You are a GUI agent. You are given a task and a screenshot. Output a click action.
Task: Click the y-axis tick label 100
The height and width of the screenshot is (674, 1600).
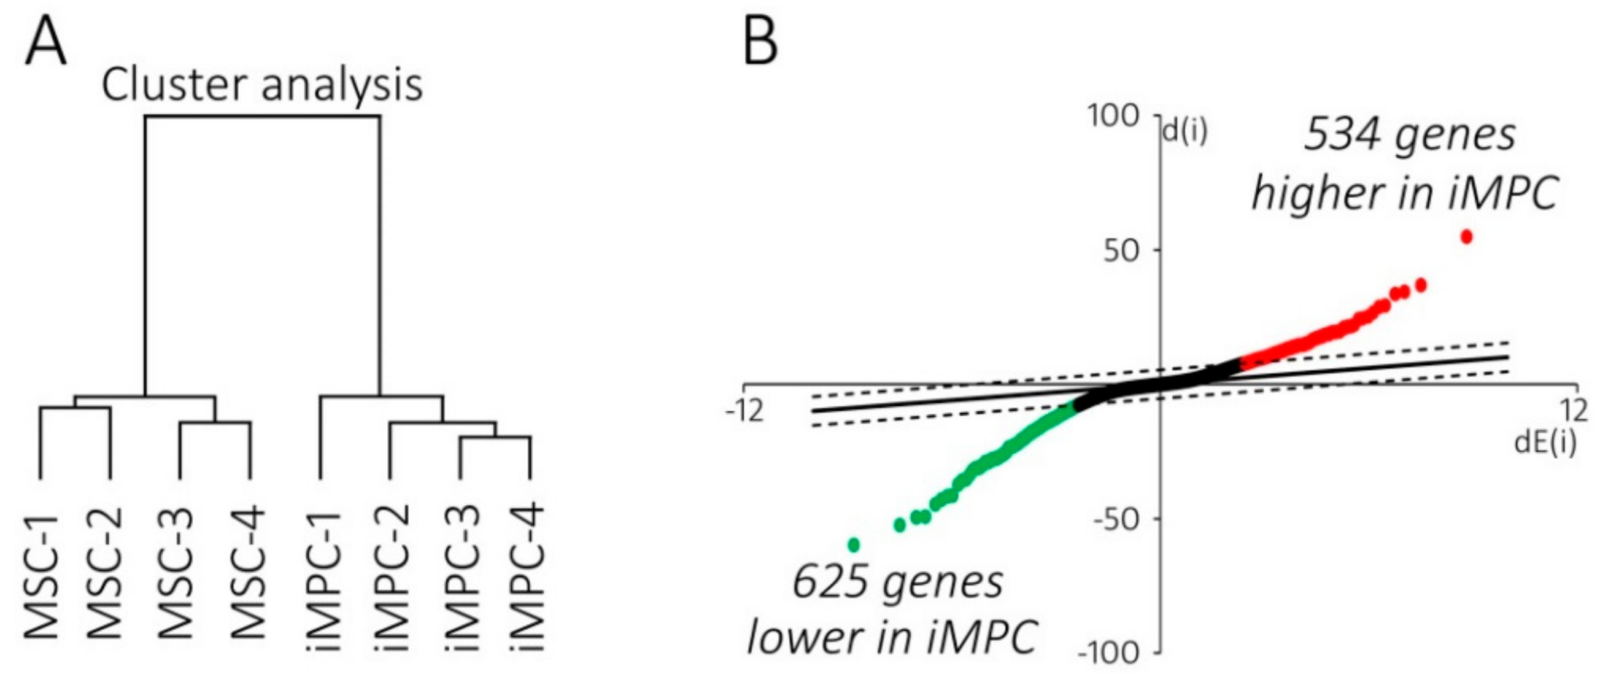click(x=1115, y=117)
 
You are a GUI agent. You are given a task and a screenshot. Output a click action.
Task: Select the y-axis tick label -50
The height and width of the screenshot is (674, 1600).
click(x=1118, y=519)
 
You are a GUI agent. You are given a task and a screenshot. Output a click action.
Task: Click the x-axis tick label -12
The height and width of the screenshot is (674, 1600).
click(x=744, y=411)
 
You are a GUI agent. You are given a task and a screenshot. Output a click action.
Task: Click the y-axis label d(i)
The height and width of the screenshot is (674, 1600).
click(x=1184, y=133)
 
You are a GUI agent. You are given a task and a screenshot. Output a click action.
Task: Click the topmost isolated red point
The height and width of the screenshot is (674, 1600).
click(x=1466, y=237)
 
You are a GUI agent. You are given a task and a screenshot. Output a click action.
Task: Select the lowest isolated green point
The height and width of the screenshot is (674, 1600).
click(x=854, y=545)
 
